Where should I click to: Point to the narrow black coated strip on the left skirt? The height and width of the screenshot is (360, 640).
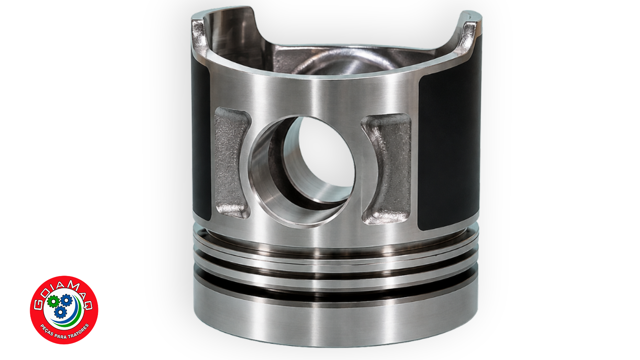pos(201,140)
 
